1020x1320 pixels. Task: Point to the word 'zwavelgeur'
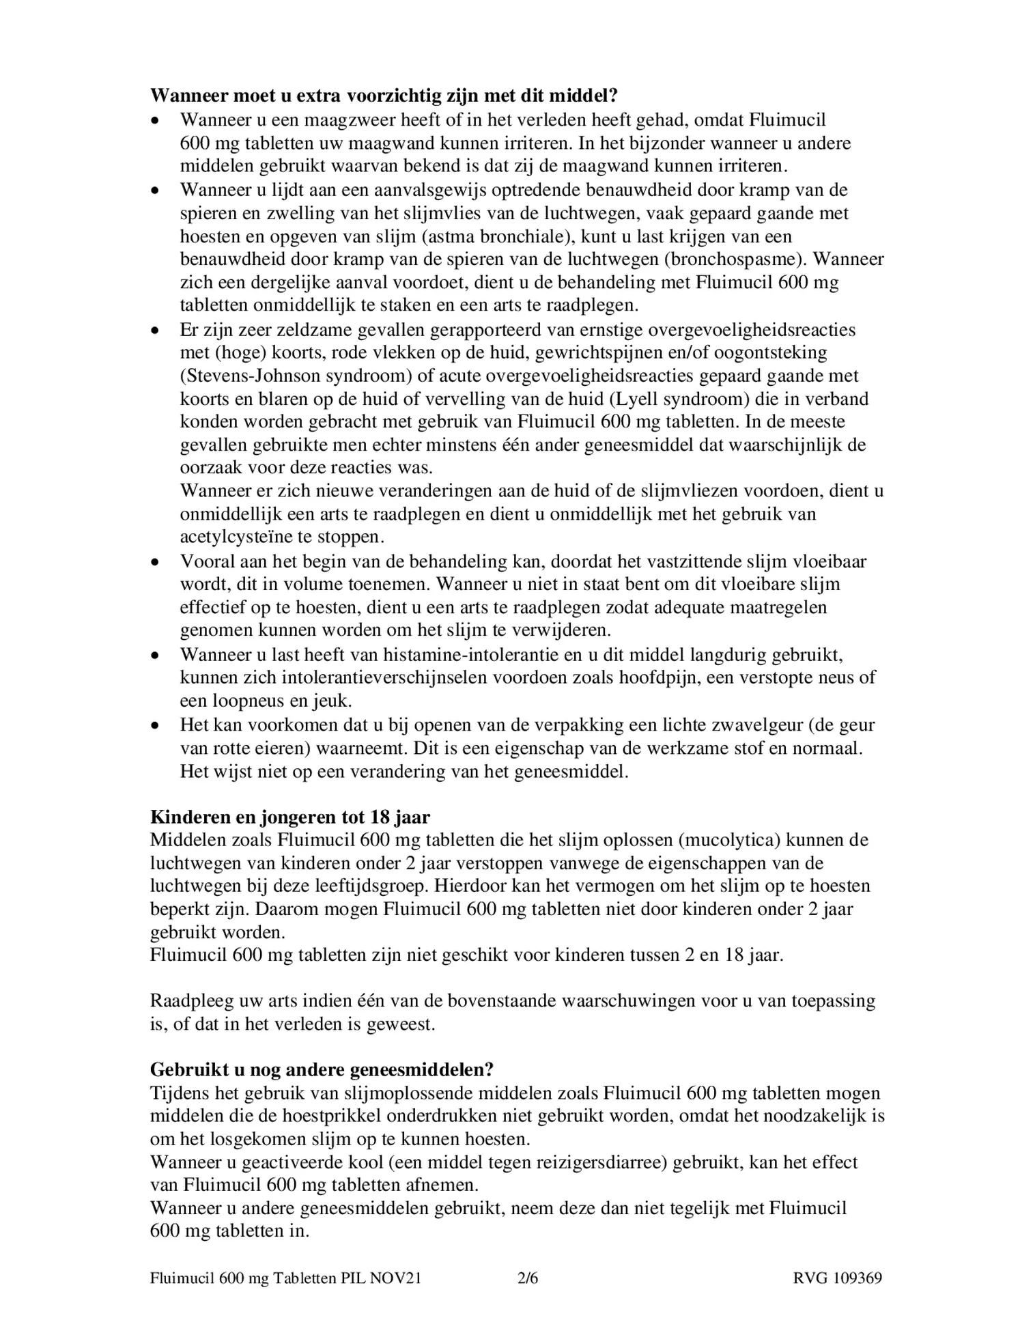click(x=762, y=725)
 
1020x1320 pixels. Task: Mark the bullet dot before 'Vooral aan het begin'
click(x=156, y=562)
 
